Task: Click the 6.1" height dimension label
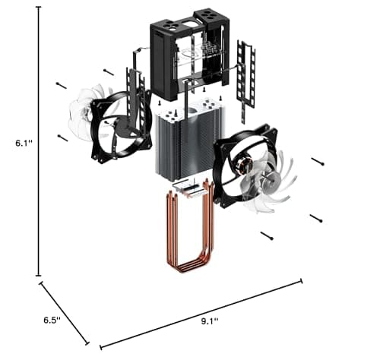[x=24, y=144]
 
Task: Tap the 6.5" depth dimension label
[x=52, y=320]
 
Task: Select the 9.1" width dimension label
[x=210, y=321]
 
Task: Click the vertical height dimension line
[x=39, y=141]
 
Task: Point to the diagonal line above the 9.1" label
[x=201, y=314]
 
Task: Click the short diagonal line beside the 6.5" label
[x=64, y=313]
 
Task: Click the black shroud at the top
[x=189, y=55]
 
